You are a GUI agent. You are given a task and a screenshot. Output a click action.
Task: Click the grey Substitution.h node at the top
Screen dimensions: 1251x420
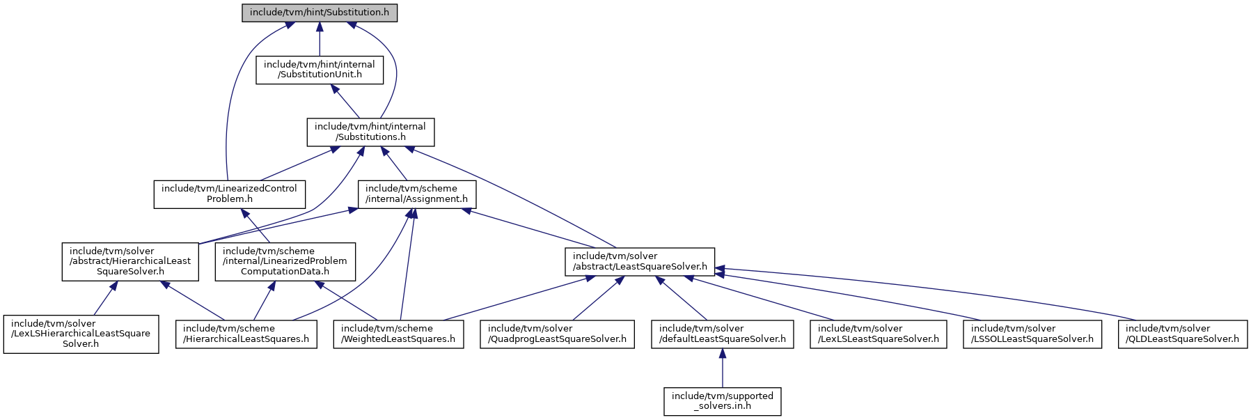coord(320,13)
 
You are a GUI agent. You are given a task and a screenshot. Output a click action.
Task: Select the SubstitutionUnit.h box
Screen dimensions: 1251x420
coord(320,70)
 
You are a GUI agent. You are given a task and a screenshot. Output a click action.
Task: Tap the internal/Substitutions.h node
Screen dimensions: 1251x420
coord(370,132)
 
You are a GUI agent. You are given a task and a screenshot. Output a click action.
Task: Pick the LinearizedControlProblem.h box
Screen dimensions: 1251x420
coord(230,194)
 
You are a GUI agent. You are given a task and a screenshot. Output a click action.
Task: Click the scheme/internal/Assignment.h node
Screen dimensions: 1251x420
coord(417,194)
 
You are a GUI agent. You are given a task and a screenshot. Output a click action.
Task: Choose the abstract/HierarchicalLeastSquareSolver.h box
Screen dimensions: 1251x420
coord(130,261)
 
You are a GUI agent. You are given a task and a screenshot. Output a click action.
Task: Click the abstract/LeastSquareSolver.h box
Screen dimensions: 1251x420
coord(640,261)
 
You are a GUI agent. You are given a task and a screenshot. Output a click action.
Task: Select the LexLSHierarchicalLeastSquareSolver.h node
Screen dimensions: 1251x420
coord(81,334)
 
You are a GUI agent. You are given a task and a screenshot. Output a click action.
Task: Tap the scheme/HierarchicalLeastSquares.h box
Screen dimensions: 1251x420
coord(246,334)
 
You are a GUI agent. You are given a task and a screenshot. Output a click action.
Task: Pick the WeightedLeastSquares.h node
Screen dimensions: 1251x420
coord(398,334)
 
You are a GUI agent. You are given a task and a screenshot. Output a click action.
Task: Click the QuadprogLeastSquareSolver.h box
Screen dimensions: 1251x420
coord(558,334)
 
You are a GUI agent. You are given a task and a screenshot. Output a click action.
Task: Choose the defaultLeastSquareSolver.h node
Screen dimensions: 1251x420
coord(723,334)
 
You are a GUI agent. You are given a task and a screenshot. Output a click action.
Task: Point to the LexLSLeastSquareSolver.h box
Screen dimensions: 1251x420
coord(879,334)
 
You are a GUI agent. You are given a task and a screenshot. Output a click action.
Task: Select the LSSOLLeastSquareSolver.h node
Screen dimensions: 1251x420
coord(1032,334)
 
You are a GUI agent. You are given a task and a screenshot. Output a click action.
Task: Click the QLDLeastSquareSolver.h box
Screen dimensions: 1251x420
coord(1182,334)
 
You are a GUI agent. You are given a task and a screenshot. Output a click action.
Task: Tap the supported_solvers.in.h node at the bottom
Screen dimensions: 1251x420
coord(723,401)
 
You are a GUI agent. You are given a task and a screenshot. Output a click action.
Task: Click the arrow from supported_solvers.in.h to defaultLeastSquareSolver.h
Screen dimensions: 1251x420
coord(723,368)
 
